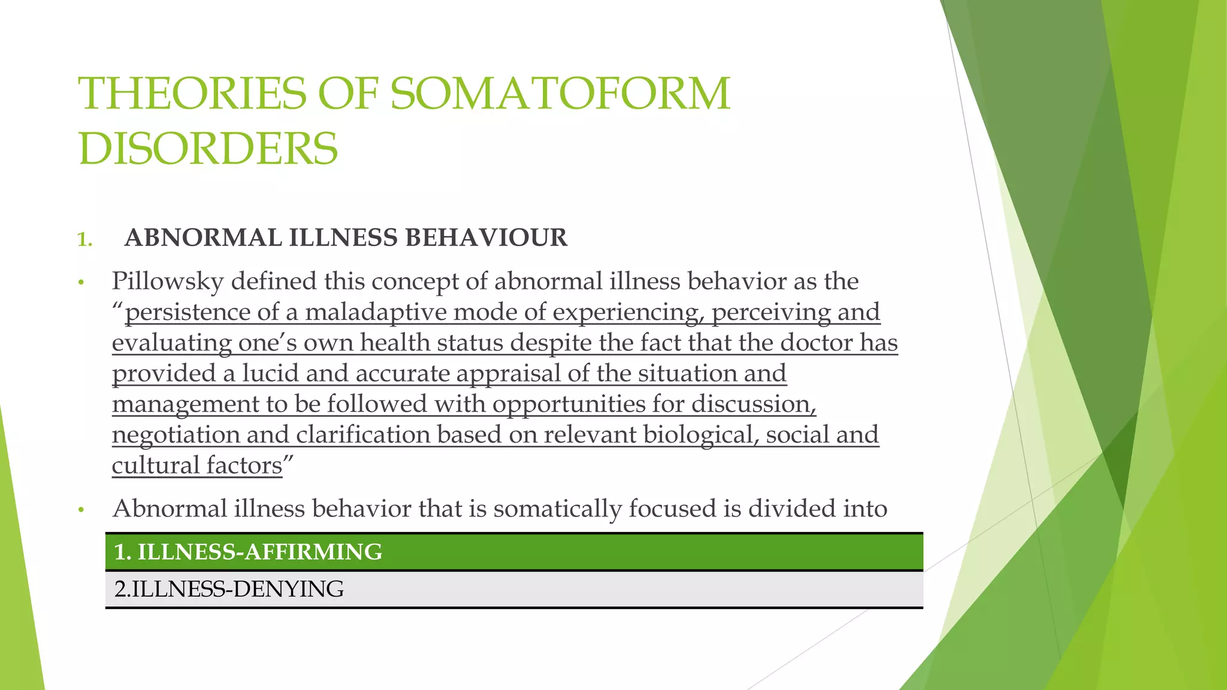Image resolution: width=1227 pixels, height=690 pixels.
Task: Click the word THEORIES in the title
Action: [194, 94]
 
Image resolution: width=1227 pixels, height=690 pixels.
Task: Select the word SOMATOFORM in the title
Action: [560, 94]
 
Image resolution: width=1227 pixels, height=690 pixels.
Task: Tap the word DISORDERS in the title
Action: [208, 149]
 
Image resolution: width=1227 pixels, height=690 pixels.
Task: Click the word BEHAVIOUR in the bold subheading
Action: [486, 238]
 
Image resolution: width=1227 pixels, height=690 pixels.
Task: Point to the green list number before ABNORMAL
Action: [84, 240]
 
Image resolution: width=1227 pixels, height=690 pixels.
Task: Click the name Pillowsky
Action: [168, 282]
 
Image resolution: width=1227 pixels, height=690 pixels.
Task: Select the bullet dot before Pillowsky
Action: [81, 283]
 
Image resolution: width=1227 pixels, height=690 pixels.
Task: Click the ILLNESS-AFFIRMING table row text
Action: [248, 552]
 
